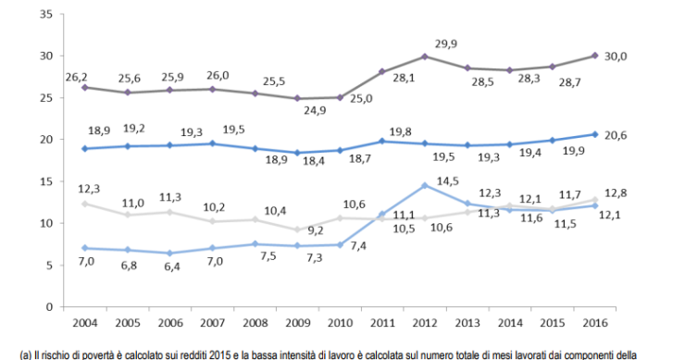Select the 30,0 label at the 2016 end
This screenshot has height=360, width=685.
coord(616,56)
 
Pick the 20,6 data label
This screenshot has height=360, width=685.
coord(616,134)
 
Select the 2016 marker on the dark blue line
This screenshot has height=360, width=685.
coord(595,134)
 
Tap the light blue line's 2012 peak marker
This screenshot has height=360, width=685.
coord(424,185)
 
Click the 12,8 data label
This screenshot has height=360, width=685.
coord(616,193)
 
